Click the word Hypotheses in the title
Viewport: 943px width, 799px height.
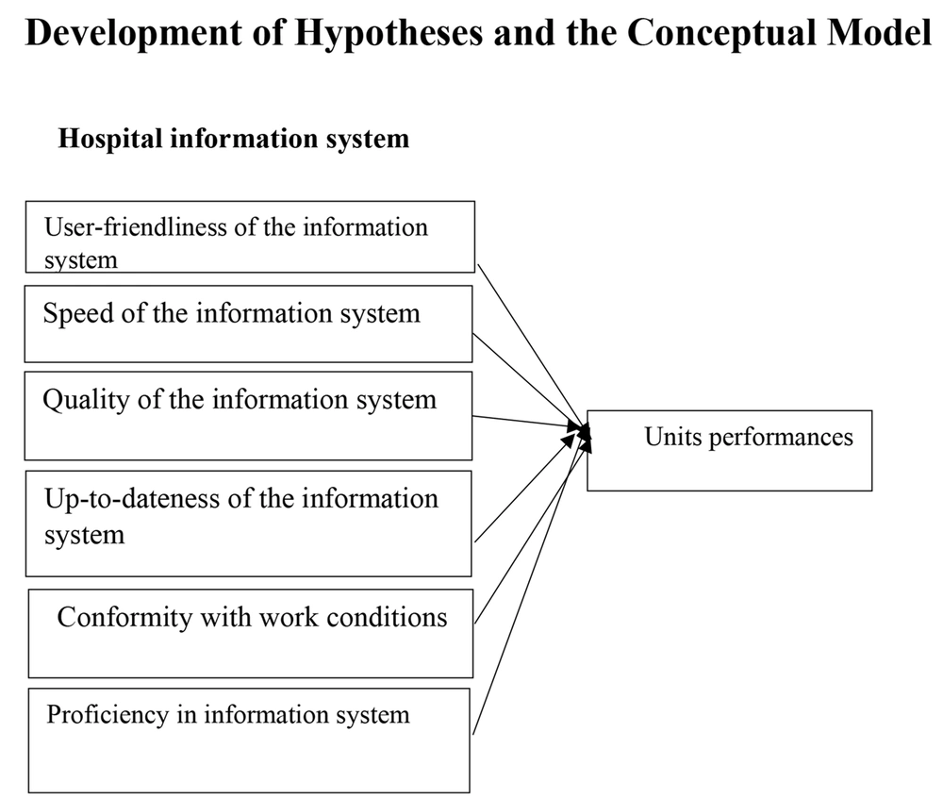pyautogui.click(x=389, y=34)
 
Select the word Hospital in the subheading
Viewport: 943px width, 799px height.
pyautogui.click(x=110, y=140)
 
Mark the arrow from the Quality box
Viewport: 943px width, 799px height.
pyautogui.click(x=529, y=423)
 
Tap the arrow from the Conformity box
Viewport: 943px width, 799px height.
pyautogui.click(x=532, y=528)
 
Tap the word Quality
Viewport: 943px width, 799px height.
pyautogui.click(x=86, y=401)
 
